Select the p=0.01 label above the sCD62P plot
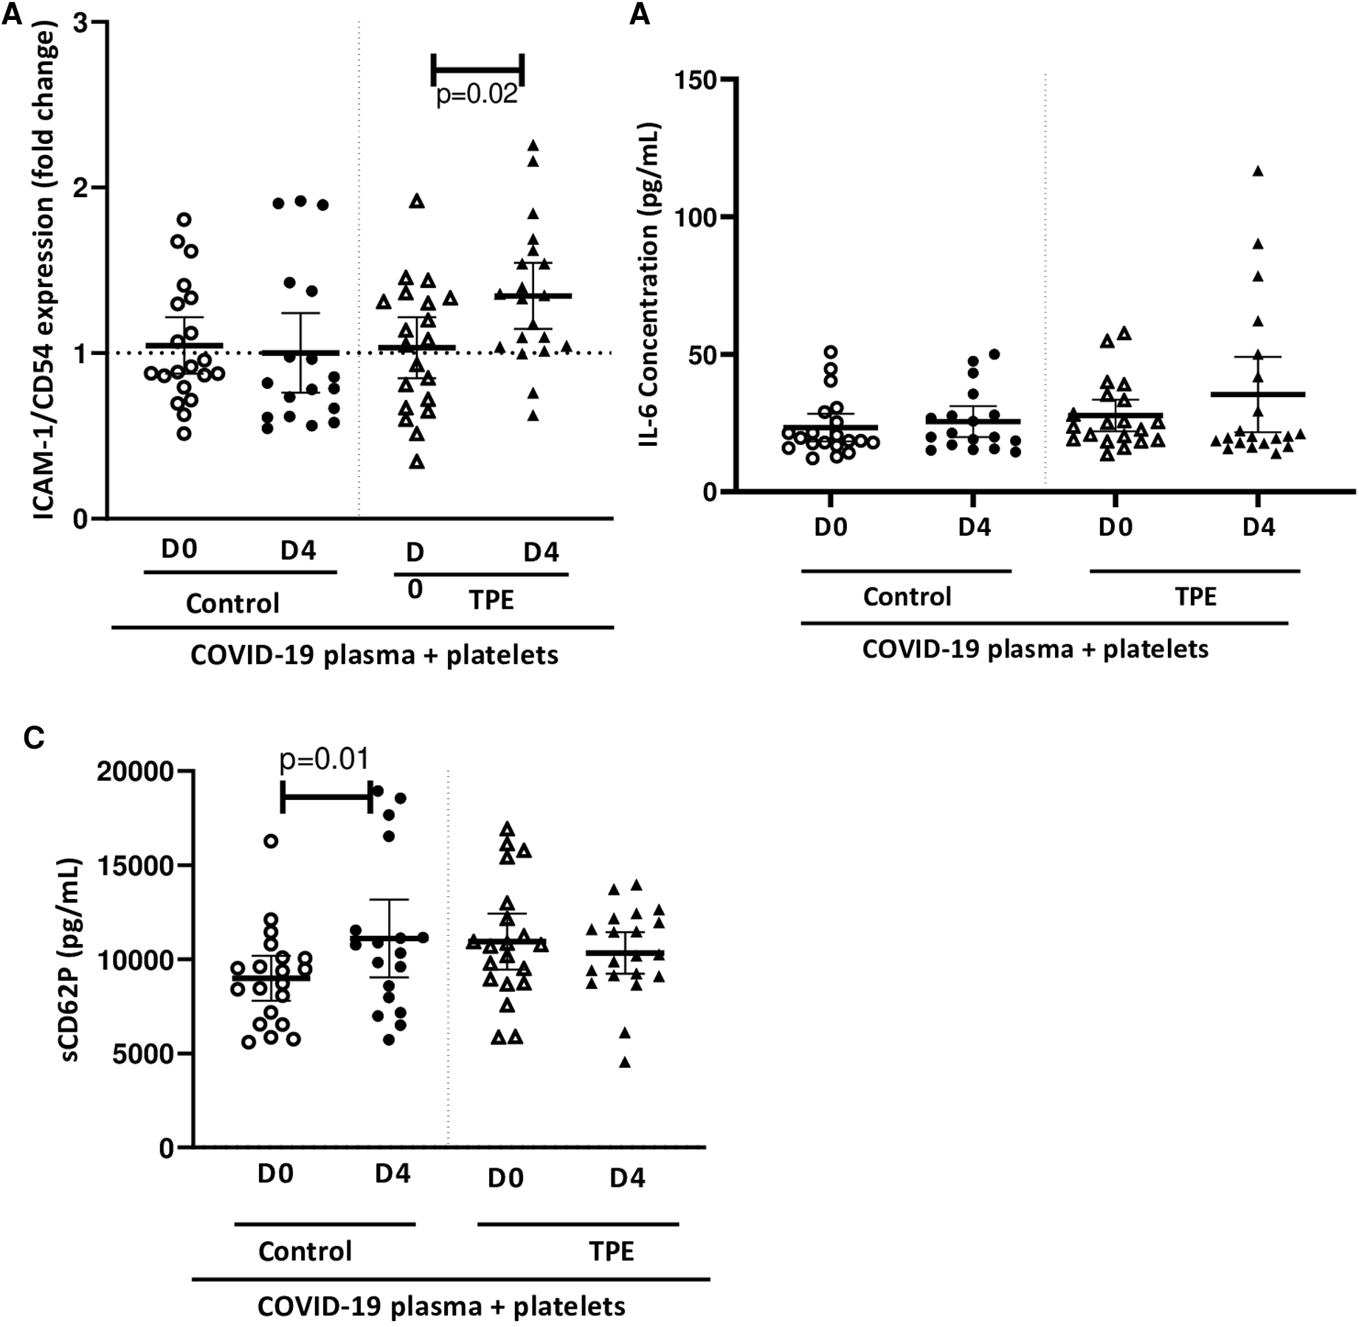[324, 759]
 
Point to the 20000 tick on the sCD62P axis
[135, 772]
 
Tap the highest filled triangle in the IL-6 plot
[1258, 171]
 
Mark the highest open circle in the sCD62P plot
[271, 841]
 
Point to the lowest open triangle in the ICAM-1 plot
[417, 462]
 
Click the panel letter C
[34, 737]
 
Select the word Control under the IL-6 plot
[907, 596]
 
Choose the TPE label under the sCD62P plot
[611, 1251]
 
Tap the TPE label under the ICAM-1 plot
[491, 600]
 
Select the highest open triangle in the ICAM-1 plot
[417, 201]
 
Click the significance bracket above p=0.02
[477, 69]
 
